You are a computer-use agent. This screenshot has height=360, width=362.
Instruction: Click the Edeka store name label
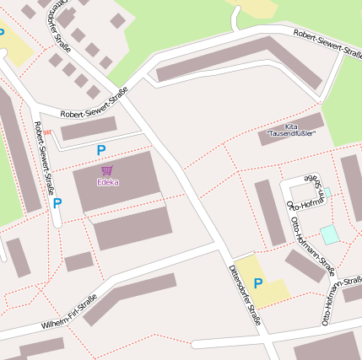[107, 182]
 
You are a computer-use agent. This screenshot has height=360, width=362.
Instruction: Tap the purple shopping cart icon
[107, 170]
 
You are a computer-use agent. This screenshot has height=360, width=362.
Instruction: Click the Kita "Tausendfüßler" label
[291, 130]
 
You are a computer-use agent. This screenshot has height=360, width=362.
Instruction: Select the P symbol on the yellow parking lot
[258, 283]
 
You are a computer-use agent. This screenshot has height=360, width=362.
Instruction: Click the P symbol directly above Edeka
[101, 150]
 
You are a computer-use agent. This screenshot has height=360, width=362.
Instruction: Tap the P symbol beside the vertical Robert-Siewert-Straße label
[57, 203]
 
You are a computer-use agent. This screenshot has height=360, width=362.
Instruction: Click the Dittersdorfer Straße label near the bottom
[245, 295]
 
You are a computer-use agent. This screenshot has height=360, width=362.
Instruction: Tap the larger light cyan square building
[329, 234]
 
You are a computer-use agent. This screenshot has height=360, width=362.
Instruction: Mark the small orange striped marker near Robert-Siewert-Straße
[47, 132]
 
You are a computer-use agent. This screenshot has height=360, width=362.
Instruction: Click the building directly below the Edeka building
[132, 228]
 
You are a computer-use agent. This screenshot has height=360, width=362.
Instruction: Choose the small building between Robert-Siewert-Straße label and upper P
[89, 128]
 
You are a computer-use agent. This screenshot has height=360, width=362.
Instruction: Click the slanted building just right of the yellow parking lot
[305, 266]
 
